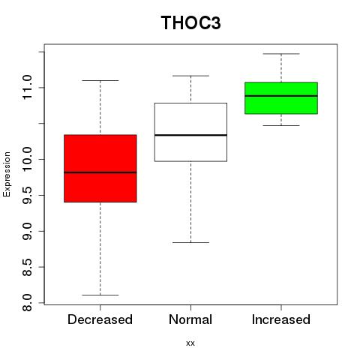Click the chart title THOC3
pos(190,22)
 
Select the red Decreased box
pos(100,168)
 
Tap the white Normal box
pos(190,132)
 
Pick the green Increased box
pos(281,98)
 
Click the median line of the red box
pos(100,172)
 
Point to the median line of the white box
pos(190,135)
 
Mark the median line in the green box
pos(281,96)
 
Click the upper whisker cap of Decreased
pos(100,80)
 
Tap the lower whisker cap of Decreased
pos(100,295)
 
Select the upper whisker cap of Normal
pos(190,76)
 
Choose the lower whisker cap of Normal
pos(190,242)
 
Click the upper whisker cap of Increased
pos(281,54)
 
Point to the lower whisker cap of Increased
pos(281,125)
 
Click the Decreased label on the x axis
pos(100,319)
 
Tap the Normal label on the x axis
pos(190,319)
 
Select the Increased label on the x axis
pos(281,319)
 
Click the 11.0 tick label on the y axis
pos(27,88)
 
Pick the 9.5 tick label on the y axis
pos(27,195)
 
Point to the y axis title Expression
pos(7,174)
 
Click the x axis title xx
pos(190,343)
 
